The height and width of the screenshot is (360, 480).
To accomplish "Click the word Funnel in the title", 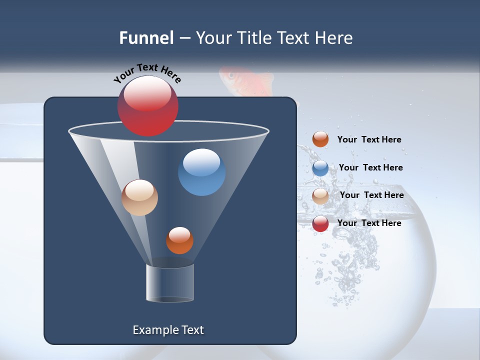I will pos(146,38).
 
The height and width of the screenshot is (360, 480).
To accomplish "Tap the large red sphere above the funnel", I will pos(147,105).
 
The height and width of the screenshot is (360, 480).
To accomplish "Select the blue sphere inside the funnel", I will pos(201,172).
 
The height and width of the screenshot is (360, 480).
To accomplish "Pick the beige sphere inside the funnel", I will pos(139,197).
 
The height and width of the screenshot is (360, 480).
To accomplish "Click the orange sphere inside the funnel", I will pos(179,240).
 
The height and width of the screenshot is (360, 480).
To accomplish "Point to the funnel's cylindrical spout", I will pos(170,282).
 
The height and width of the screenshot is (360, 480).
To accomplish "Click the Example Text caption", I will pos(168,330).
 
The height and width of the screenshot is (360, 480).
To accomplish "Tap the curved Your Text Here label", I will pos(147,73).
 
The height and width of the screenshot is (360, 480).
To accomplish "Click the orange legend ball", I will pos(320,139).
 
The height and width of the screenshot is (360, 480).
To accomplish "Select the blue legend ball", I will pos(320,168).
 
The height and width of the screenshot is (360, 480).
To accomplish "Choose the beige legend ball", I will pos(320,196).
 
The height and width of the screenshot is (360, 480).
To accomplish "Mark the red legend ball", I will pos(320,223).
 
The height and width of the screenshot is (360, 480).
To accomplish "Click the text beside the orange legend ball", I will pos(369,140).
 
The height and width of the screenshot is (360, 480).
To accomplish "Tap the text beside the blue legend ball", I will pos(370,168).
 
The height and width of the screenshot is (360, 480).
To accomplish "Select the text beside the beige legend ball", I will pos(371,195).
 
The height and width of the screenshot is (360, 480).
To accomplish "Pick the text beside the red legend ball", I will pos(369,223).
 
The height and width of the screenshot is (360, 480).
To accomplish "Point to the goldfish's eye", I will pos(231,75).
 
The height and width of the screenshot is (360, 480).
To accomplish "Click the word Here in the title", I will pos(333,38).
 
